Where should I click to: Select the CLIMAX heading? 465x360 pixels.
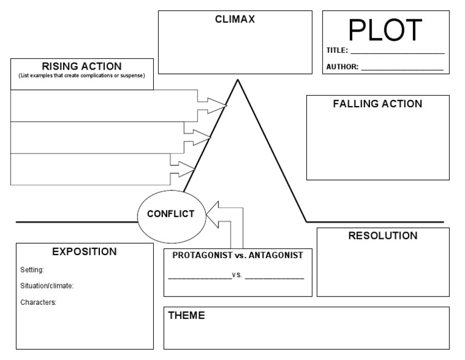235,19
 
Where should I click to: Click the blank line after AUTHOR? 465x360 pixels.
402,68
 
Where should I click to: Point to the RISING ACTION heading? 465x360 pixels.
82,66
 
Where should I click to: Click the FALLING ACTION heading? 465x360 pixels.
377,104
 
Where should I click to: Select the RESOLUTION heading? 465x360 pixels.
382,236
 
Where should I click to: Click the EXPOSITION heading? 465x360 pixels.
84,251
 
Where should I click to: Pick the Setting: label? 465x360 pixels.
32,270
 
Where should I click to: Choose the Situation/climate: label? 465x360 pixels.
47,285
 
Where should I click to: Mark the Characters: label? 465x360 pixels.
38,302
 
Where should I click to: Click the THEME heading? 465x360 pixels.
186,315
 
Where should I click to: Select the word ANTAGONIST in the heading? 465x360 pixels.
274,255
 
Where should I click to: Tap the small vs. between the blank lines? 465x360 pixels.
237,275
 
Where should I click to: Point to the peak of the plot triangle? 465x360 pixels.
237,80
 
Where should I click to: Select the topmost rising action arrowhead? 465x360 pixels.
216,102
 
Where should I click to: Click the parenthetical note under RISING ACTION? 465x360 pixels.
82,75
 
